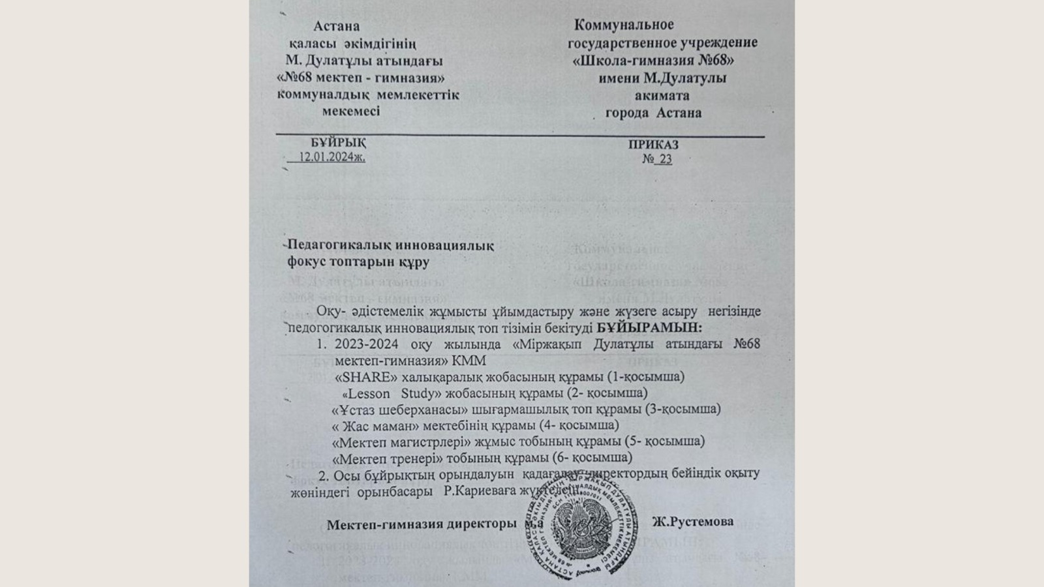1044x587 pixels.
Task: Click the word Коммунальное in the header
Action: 624,25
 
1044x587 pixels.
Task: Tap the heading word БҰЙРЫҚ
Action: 338,143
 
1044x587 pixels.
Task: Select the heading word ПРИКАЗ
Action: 653,145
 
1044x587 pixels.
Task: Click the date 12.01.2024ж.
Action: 331,157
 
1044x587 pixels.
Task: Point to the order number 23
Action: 664,159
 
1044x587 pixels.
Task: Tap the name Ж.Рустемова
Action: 692,522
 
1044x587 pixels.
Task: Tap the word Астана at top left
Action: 336,27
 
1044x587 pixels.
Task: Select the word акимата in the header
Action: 662,96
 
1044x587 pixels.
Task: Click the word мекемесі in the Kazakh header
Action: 350,112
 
